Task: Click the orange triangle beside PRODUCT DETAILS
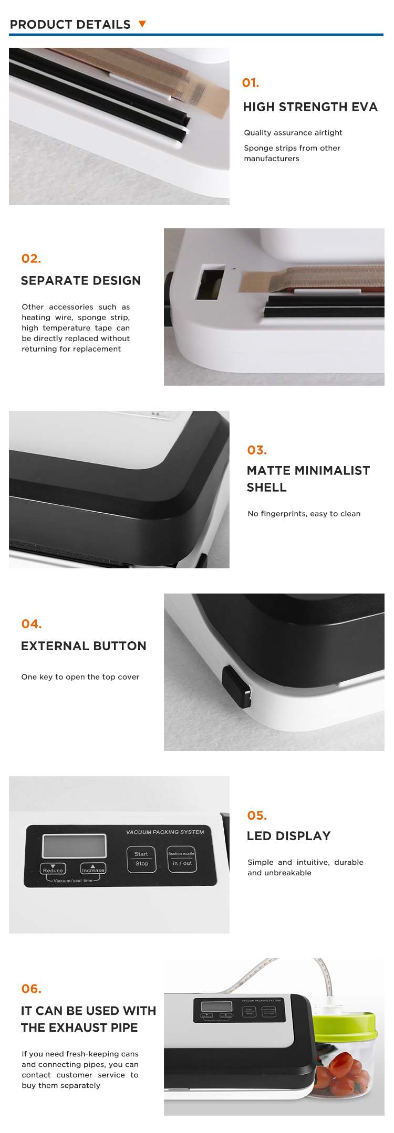click(x=142, y=24)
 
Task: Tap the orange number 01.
click(x=251, y=83)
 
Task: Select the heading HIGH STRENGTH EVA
click(x=310, y=107)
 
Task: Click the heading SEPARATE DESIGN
click(x=81, y=281)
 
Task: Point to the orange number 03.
click(x=257, y=450)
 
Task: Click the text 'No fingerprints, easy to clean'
click(x=304, y=514)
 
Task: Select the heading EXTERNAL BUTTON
click(x=84, y=646)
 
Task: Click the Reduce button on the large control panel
click(x=53, y=869)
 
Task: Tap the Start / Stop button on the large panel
click(x=141, y=859)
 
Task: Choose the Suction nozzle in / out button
click(x=182, y=859)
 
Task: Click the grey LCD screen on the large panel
click(x=74, y=846)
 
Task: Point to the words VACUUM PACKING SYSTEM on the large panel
click(x=165, y=832)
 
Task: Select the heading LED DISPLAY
click(x=289, y=836)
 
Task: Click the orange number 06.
click(x=32, y=989)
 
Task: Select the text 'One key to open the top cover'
click(x=80, y=677)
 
